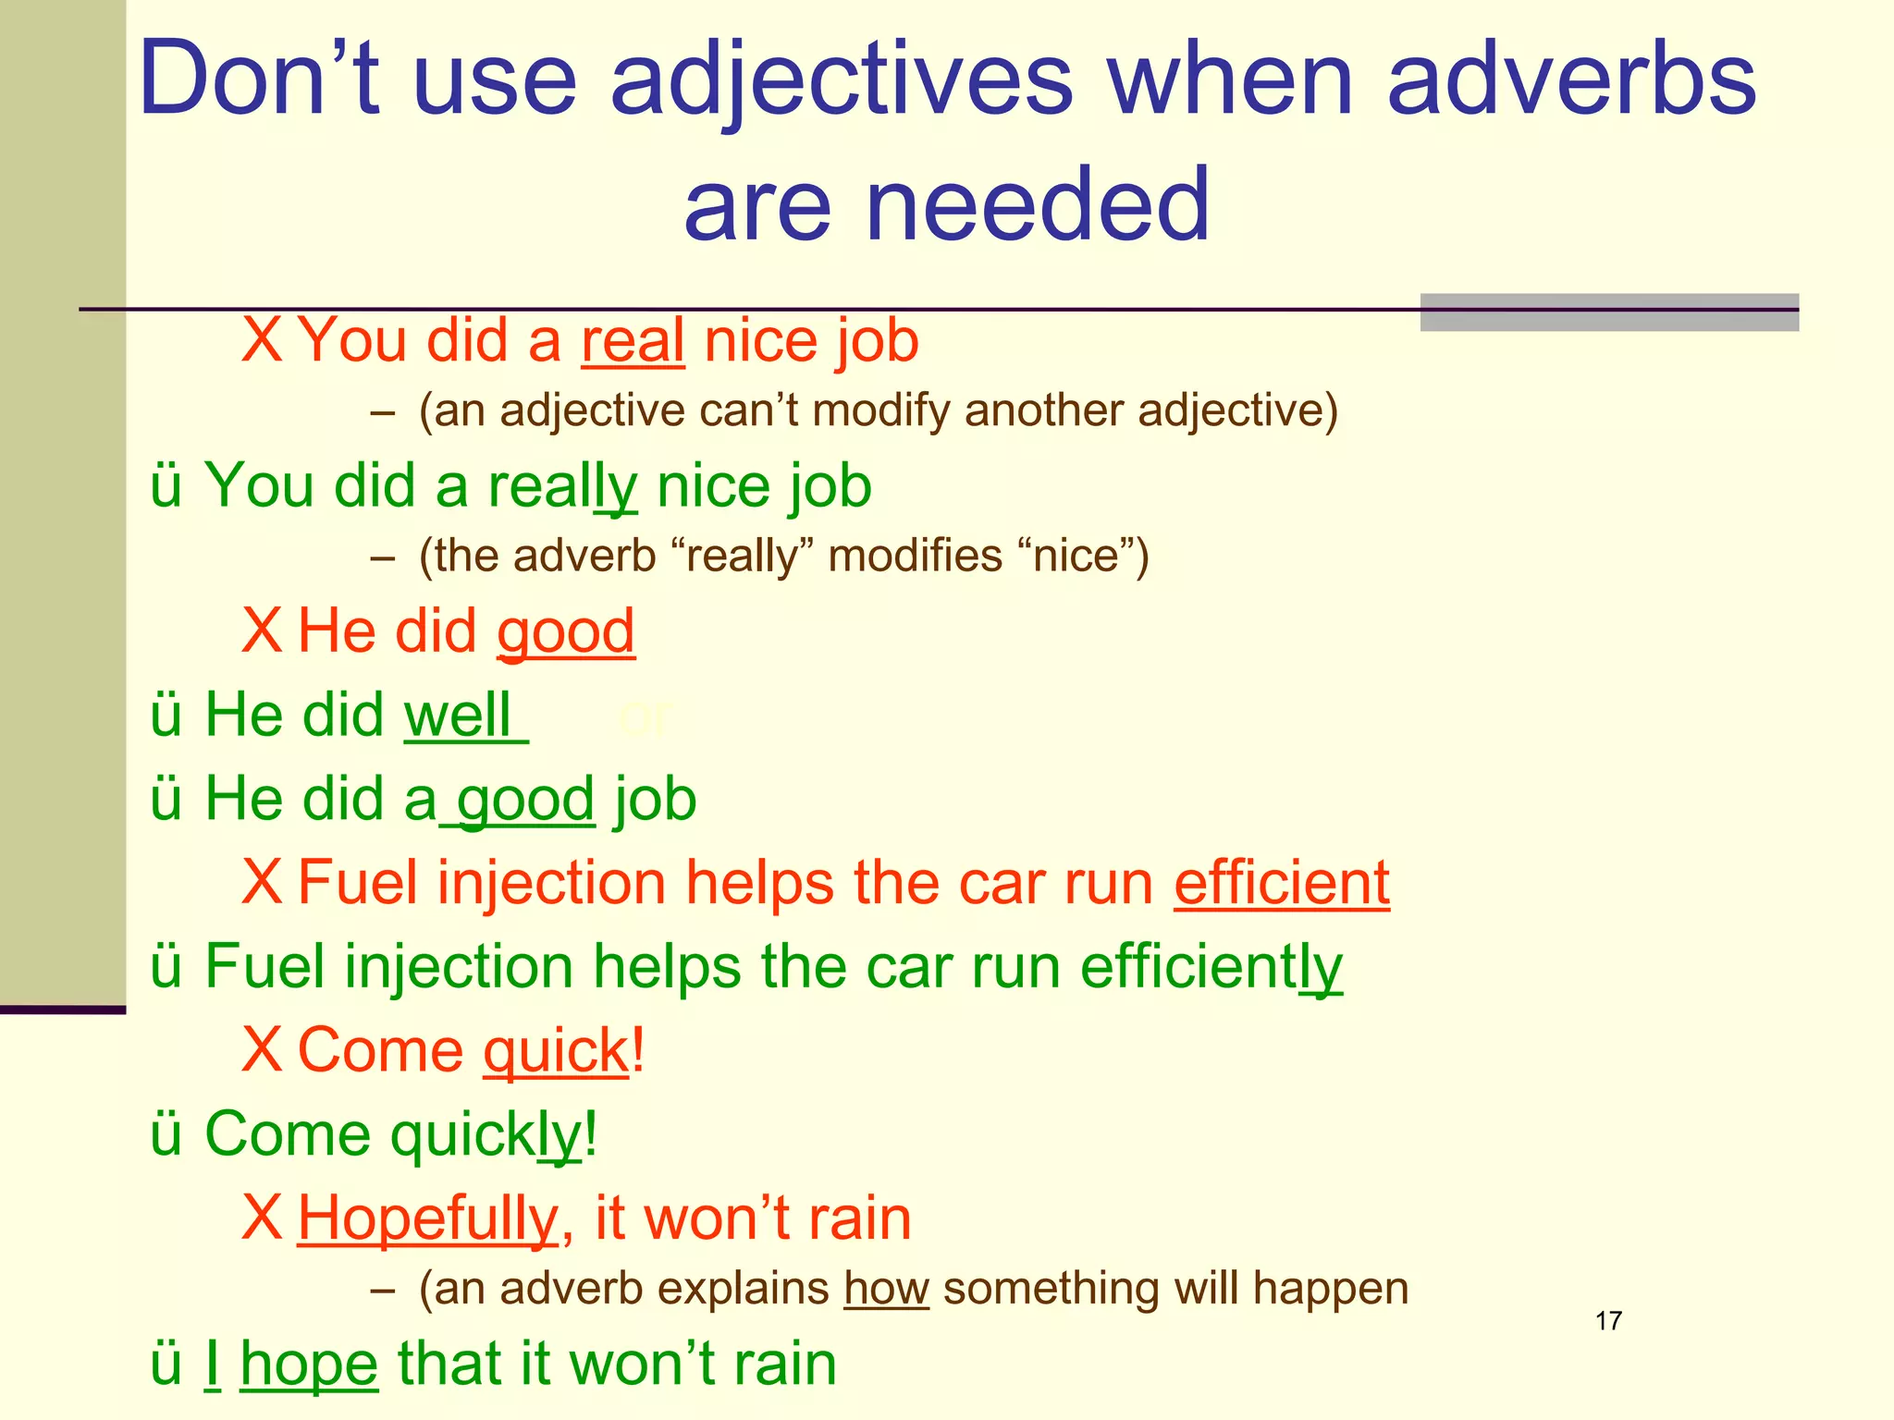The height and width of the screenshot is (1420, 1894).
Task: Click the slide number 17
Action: (1608, 1320)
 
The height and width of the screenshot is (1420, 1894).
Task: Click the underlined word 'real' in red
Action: (633, 341)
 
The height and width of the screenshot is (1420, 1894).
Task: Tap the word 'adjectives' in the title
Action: (841, 81)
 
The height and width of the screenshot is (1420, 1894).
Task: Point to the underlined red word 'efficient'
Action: (1281, 883)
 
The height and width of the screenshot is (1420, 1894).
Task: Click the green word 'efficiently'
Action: (1211, 967)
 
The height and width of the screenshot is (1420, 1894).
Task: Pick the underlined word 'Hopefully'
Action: (428, 1218)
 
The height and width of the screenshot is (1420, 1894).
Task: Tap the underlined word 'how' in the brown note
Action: (886, 1289)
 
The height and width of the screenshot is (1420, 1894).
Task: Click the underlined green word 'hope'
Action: (309, 1365)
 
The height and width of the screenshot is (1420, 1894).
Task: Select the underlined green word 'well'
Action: (459, 716)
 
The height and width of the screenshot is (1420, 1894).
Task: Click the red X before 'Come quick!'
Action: (262, 1050)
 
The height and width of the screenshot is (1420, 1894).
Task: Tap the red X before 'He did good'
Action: (262, 631)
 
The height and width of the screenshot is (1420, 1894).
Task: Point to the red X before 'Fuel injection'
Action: (262, 883)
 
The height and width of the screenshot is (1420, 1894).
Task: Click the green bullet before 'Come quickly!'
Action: (166, 1134)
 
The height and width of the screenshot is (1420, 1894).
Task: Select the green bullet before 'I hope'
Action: (166, 1365)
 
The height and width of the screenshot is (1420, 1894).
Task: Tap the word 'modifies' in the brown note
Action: (915, 557)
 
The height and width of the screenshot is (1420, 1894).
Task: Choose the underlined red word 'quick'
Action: (556, 1051)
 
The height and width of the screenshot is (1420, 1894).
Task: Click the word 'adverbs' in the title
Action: (1570, 81)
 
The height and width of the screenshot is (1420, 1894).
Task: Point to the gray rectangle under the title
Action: (1608, 312)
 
